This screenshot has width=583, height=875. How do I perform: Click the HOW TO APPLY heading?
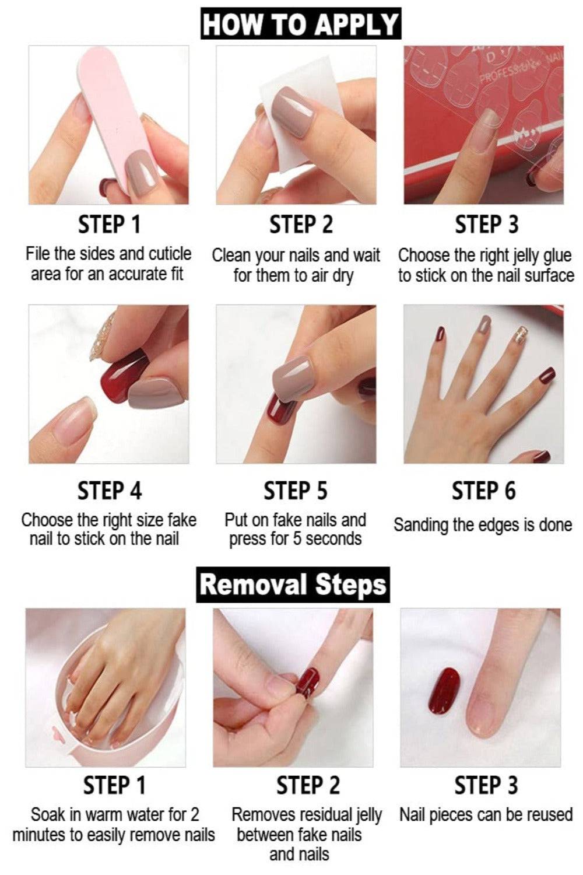[301, 23]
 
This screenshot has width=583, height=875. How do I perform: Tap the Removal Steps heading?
[293, 584]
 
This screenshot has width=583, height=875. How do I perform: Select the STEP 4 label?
[110, 491]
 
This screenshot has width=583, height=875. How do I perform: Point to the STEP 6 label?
[483, 491]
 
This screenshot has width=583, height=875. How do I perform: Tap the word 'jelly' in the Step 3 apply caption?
[526, 256]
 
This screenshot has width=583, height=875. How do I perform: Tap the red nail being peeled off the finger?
[308, 682]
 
